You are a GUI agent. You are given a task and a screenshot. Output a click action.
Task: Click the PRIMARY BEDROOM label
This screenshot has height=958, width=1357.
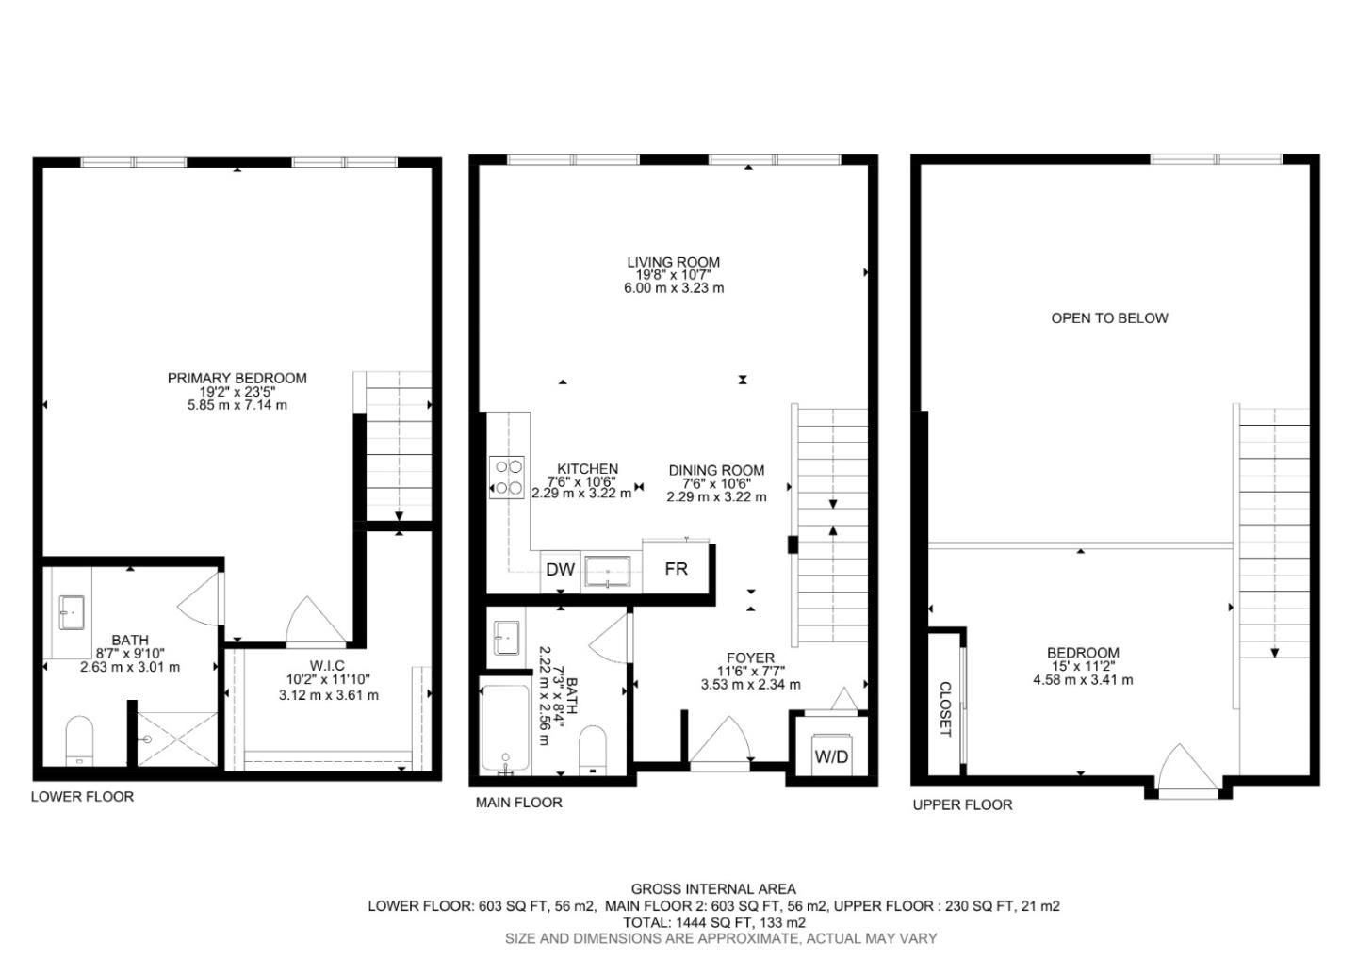pos(237,378)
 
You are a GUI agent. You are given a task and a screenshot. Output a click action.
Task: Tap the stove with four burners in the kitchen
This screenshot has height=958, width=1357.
pos(508,477)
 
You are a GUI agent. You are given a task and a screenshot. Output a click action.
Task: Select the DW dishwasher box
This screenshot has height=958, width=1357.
pos(561,569)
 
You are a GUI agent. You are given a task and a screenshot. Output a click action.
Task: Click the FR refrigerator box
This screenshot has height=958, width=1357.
pos(676,569)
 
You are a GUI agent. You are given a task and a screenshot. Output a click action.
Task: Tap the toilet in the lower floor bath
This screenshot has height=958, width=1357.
pos(79,741)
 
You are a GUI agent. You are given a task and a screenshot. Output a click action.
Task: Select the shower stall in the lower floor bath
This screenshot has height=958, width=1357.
pos(177,739)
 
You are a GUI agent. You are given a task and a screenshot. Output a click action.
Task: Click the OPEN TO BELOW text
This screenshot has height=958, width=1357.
pos(1109,318)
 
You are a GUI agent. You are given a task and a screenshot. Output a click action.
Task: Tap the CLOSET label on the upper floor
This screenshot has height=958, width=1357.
pos(945,708)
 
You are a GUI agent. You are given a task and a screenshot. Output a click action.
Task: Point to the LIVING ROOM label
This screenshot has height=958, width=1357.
pos(674,263)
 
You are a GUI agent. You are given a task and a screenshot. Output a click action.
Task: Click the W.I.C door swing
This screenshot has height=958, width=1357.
pos(311,622)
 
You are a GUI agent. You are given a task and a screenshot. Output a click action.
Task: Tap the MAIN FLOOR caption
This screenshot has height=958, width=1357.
pos(518,803)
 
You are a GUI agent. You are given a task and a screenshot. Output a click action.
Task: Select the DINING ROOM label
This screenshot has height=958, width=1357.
pos(716,470)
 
